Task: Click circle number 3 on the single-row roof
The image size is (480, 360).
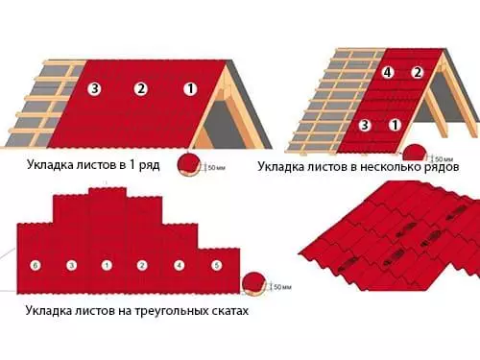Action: click(x=95, y=89)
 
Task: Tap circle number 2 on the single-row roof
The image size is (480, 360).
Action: click(x=140, y=89)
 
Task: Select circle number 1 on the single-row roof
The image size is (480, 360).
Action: click(x=190, y=89)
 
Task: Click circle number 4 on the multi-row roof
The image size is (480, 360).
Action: click(x=387, y=72)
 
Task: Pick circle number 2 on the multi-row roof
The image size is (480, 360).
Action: click(x=417, y=72)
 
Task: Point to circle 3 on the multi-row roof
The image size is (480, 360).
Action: click(x=364, y=125)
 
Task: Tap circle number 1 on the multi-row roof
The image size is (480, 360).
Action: click(x=395, y=125)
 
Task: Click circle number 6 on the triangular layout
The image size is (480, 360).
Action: click(x=36, y=264)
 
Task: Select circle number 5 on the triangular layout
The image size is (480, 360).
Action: click(x=217, y=264)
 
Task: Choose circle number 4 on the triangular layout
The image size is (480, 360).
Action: click(x=179, y=264)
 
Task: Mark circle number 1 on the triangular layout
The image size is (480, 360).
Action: click(x=107, y=264)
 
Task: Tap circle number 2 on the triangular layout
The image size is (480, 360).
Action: click(x=141, y=264)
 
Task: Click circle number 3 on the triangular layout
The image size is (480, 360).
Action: click(x=71, y=264)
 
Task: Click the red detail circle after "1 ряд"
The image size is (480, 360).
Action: click(x=189, y=164)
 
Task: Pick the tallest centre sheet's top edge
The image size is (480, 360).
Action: click(x=107, y=188)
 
